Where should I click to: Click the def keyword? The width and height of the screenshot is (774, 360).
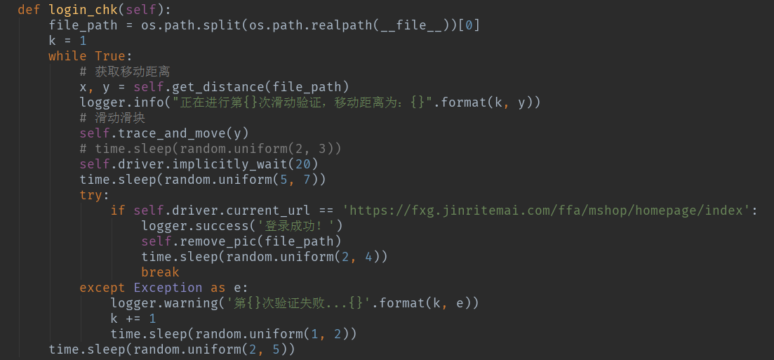[29, 9]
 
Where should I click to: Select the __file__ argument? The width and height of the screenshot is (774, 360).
[406, 25]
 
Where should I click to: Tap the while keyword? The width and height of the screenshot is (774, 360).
[67, 56]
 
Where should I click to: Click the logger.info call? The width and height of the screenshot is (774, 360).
[122, 102]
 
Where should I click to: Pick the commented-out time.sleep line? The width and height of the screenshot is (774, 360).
[211, 149]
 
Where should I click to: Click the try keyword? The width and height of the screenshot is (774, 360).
[91, 195]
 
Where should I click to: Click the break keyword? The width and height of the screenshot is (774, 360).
[160, 272]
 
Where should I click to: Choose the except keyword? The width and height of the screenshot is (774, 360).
[102, 288]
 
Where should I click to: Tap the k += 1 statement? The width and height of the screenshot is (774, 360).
[133, 319]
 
